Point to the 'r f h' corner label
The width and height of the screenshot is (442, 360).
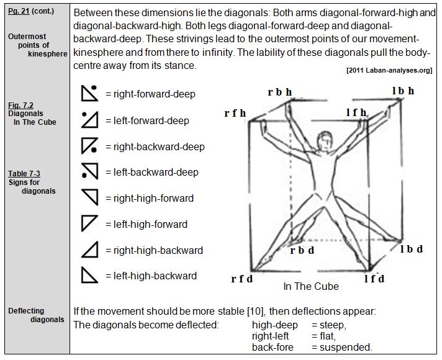coord(235,114)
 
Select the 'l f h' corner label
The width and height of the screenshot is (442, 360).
coord(356,112)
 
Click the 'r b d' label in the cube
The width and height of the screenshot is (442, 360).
coord(302,251)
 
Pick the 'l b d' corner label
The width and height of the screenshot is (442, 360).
coord(411,250)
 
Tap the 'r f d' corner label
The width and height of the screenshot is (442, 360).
coord(242,279)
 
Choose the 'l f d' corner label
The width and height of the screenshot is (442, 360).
coord(374,279)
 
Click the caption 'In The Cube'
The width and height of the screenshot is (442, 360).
coord(311,287)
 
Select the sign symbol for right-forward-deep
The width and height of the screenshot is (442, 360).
coord(90,93)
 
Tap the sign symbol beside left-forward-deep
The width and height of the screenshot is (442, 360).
coord(90,119)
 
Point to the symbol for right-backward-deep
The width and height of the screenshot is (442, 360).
coord(90,146)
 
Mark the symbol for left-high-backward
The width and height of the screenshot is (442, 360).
coord(90,275)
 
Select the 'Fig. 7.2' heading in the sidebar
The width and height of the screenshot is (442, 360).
coord(21,106)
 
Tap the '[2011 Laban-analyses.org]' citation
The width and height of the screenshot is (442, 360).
coord(389,71)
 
